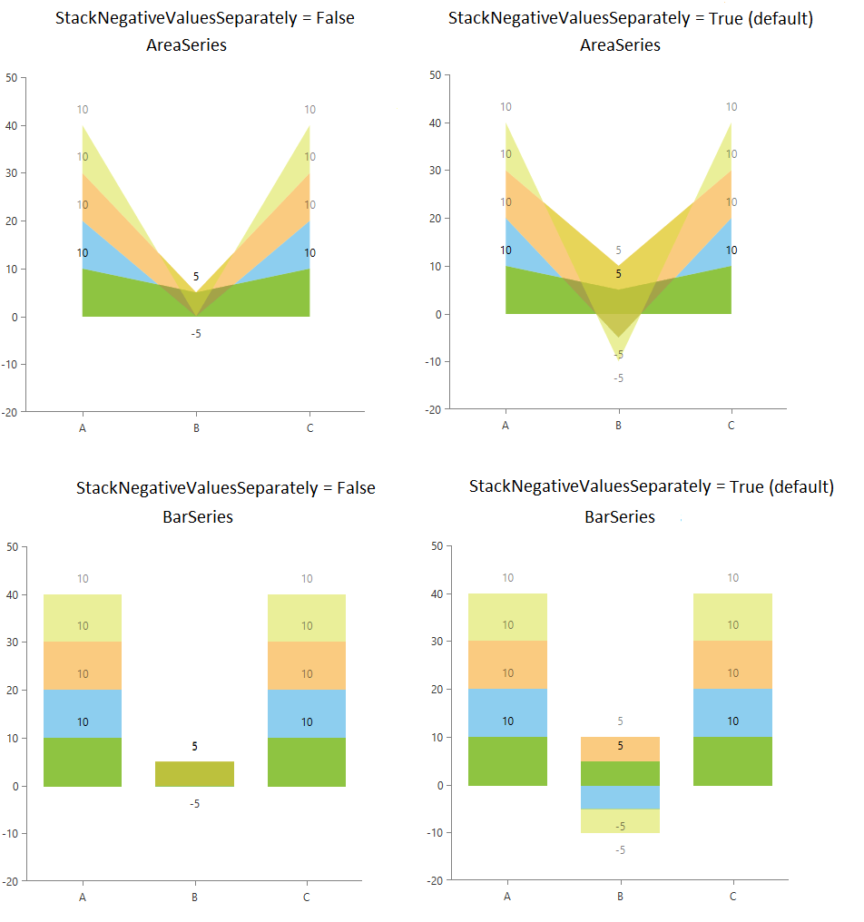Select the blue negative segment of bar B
tap(620, 797)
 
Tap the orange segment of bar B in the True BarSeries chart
tap(620, 748)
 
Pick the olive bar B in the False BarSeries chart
tap(194, 773)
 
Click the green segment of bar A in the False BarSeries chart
tap(83, 761)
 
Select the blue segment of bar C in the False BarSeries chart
tap(306, 713)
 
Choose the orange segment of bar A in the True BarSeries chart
tap(507, 664)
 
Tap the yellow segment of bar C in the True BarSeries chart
tap(732, 617)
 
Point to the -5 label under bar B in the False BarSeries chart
tap(194, 804)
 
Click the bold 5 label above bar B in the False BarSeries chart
tap(194, 747)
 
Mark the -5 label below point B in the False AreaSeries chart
tap(195, 334)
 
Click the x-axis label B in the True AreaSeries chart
tap(619, 425)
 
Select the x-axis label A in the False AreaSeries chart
tap(83, 427)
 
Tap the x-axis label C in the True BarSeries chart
tap(732, 897)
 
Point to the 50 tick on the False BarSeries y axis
tap(12, 546)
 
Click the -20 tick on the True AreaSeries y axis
tap(434, 410)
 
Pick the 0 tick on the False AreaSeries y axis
tap(14, 317)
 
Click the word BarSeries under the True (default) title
tap(619, 517)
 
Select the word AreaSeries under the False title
tap(186, 45)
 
